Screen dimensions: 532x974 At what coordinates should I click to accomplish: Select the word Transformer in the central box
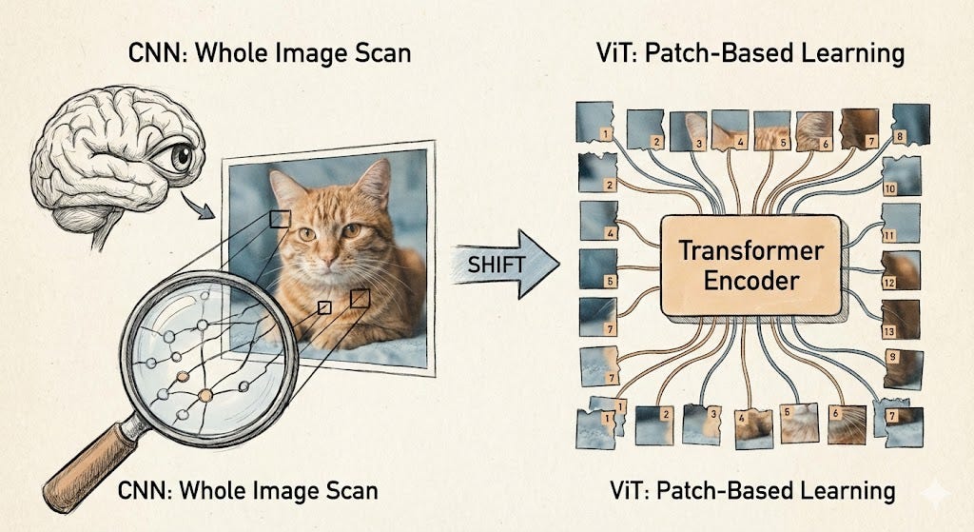tap(750, 252)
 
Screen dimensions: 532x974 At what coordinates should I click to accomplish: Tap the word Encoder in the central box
tap(750, 282)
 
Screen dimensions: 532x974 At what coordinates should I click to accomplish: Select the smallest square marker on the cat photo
tap(324, 307)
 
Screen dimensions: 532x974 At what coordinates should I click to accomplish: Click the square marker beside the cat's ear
tap(279, 220)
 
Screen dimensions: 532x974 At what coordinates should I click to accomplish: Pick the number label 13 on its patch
tap(889, 330)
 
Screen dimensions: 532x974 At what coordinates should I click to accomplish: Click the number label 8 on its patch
tap(900, 136)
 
